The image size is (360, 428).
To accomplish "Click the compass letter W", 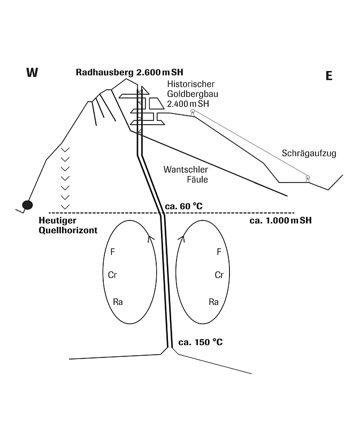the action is [32, 73].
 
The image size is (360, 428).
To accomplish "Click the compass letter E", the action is [329, 75].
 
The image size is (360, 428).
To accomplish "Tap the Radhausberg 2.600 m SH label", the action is [129, 72].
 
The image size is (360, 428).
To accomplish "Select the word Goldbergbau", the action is [193, 94].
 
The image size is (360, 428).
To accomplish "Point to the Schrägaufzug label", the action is [309, 153].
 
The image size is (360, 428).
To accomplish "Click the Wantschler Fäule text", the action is [186, 174].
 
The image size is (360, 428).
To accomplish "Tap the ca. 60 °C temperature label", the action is [183, 206].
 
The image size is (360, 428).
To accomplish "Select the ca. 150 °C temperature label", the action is [201, 342].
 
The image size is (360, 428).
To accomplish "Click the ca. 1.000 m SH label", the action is [281, 220].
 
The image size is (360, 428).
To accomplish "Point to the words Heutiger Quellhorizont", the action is [68, 225].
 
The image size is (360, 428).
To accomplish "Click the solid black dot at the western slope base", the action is [27, 205].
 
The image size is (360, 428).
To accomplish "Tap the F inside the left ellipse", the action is [112, 251].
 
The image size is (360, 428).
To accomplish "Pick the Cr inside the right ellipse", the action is [219, 275].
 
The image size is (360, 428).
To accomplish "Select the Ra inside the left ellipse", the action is [118, 302].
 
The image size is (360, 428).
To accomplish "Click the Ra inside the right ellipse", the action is [214, 302].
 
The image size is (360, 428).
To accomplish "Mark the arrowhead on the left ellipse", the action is [150, 238].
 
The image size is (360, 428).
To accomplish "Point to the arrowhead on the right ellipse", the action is [181, 238].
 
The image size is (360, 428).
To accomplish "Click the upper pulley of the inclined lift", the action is [193, 111].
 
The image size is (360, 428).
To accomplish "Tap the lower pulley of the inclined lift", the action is [308, 178].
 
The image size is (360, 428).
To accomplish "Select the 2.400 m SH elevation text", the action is [188, 104].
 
